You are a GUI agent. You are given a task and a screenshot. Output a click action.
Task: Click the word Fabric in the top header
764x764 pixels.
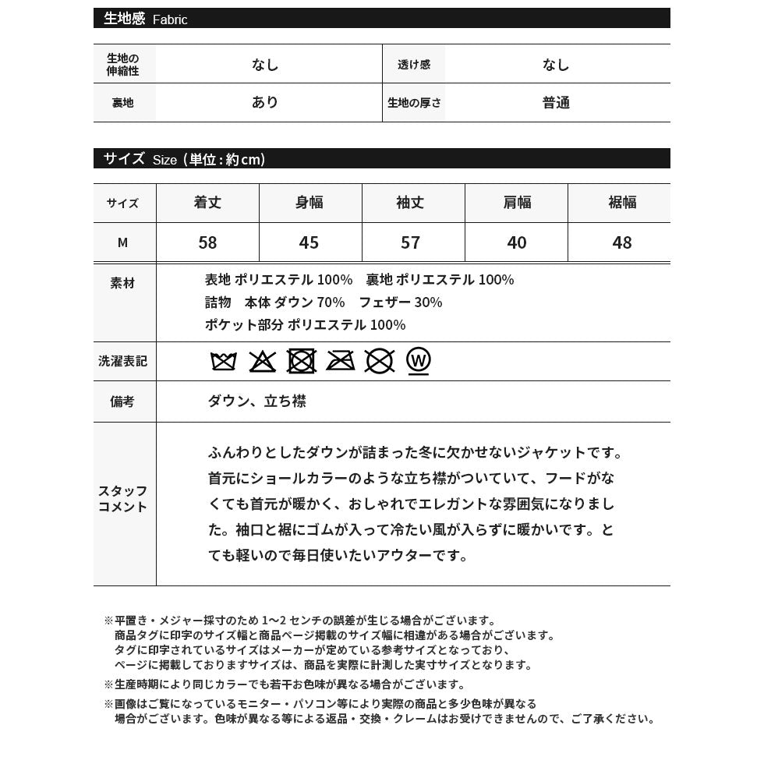[170, 19]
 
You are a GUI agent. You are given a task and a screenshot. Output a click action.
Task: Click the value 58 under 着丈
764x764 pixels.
[207, 242]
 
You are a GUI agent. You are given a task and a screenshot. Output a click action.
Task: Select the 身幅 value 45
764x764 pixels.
[309, 242]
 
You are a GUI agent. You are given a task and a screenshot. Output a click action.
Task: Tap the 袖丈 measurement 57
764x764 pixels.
[411, 242]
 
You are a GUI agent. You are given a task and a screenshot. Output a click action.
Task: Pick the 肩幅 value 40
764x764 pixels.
[517, 242]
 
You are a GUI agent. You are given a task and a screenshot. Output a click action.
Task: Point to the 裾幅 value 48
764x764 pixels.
[622, 242]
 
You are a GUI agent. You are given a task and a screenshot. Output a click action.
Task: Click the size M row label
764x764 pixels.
[122, 242]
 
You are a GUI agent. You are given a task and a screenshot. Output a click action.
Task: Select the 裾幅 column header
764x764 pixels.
[622, 203]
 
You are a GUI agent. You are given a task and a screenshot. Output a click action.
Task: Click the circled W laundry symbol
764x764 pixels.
[419, 361]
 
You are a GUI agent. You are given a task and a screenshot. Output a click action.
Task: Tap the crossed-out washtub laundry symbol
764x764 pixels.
[224, 361]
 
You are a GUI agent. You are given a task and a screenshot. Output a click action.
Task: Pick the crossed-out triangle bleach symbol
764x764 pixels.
[263, 361]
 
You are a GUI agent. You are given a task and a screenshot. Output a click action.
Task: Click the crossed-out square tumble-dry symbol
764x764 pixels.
[302, 361]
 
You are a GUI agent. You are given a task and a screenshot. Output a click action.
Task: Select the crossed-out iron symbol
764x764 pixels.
[341, 361]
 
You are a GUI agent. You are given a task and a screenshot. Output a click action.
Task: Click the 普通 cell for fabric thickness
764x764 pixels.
[557, 103]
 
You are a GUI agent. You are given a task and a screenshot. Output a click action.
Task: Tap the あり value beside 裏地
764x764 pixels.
[265, 102]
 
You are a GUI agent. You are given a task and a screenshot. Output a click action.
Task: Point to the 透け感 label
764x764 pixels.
[414, 65]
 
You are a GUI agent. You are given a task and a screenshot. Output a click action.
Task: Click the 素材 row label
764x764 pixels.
[123, 283]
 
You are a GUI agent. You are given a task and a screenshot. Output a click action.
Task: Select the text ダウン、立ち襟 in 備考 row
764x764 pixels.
[256, 401]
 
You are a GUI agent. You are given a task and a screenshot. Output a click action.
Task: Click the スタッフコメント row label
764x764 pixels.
[123, 499]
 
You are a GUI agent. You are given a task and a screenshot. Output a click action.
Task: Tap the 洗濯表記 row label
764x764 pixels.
[123, 361]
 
